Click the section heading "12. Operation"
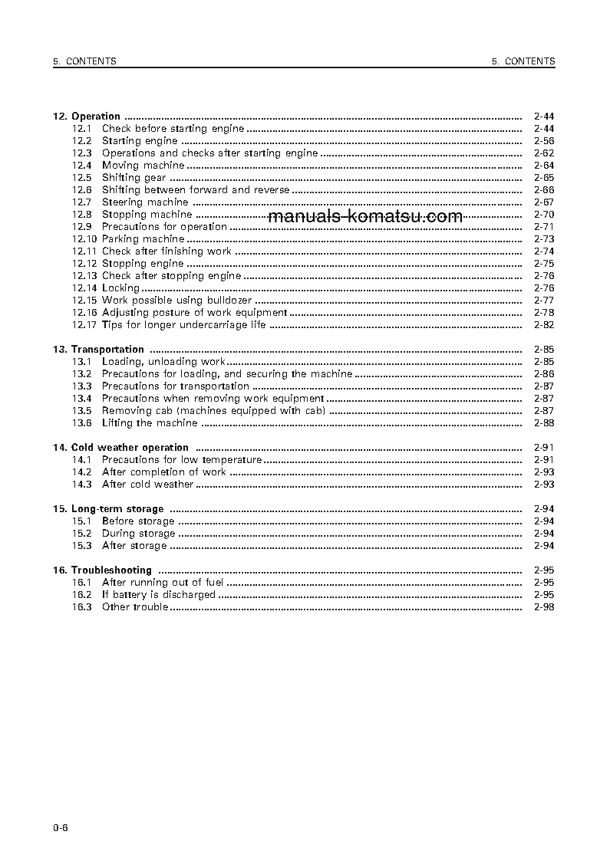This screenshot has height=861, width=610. (x=87, y=117)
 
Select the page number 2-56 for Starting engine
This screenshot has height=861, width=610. (x=543, y=141)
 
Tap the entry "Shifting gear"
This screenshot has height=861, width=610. (x=134, y=178)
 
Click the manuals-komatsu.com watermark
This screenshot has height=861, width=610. (x=366, y=216)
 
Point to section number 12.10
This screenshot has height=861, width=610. (x=84, y=239)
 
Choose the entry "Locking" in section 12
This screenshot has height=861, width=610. (x=120, y=288)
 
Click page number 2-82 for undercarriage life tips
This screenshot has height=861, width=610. (x=543, y=325)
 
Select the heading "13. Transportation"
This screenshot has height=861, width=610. (x=98, y=350)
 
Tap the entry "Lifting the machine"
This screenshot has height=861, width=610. (x=150, y=423)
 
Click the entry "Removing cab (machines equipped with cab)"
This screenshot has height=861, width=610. (x=214, y=411)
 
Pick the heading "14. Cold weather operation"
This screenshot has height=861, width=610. (x=120, y=448)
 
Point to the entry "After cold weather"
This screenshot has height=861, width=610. (x=147, y=485)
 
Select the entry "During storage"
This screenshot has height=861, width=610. (x=138, y=534)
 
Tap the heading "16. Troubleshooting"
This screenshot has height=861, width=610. (x=102, y=570)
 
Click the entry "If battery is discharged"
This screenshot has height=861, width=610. (x=158, y=595)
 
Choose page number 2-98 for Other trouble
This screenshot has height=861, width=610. (x=543, y=607)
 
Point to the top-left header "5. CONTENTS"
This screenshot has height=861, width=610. (x=84, y=61)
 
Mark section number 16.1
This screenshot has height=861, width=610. (x=82, y=583)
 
